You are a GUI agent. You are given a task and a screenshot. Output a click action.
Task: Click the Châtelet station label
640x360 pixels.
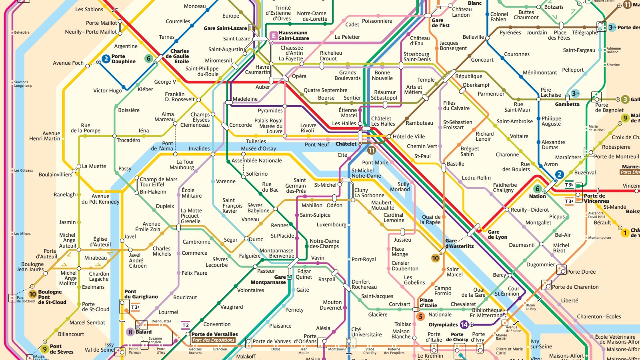(x=346, y=144)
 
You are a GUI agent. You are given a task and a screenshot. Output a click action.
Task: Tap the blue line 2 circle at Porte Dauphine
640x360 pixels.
(x=106, y=59)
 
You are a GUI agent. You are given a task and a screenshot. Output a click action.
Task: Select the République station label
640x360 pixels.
(x=468, y=76)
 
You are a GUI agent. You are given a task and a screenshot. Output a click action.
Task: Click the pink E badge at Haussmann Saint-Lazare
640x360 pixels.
(x=274, y=36)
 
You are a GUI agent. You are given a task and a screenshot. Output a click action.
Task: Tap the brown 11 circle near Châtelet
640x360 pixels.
(x=372, y=150)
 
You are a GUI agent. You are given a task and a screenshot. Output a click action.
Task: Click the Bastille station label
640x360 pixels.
(x=456, y=164)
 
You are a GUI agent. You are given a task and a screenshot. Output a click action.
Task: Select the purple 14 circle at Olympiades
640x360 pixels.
(x=464, y=324)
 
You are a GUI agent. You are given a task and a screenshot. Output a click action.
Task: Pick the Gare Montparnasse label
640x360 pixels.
(x=268, y=280)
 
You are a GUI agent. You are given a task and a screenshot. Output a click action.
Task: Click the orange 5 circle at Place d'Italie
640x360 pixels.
(x=420, y=316)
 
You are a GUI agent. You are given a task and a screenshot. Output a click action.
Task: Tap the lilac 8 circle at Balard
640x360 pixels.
(x=130, y=332)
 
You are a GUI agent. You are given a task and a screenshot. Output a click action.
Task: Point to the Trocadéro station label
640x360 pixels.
(x=128, y=140)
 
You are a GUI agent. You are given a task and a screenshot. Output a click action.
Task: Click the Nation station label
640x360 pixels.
(x=537, y=196)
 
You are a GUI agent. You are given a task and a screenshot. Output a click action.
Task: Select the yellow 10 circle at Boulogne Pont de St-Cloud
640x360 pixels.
(x=32, y=294)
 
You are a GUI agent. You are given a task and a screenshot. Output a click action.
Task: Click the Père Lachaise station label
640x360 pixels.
(x=551, y=92)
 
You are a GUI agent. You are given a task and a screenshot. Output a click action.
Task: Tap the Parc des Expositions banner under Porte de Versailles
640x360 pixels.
(x=213, y=340)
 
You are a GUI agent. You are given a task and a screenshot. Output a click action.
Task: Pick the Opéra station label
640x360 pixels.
(x=299, y=76)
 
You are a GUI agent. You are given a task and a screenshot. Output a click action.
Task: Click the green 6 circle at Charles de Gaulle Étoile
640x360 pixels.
(x=148, y=58)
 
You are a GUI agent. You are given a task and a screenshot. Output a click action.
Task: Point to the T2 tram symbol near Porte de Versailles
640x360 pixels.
(x=185, y=325)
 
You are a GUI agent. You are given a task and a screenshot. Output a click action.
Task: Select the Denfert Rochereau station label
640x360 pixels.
(x=364, y=284)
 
